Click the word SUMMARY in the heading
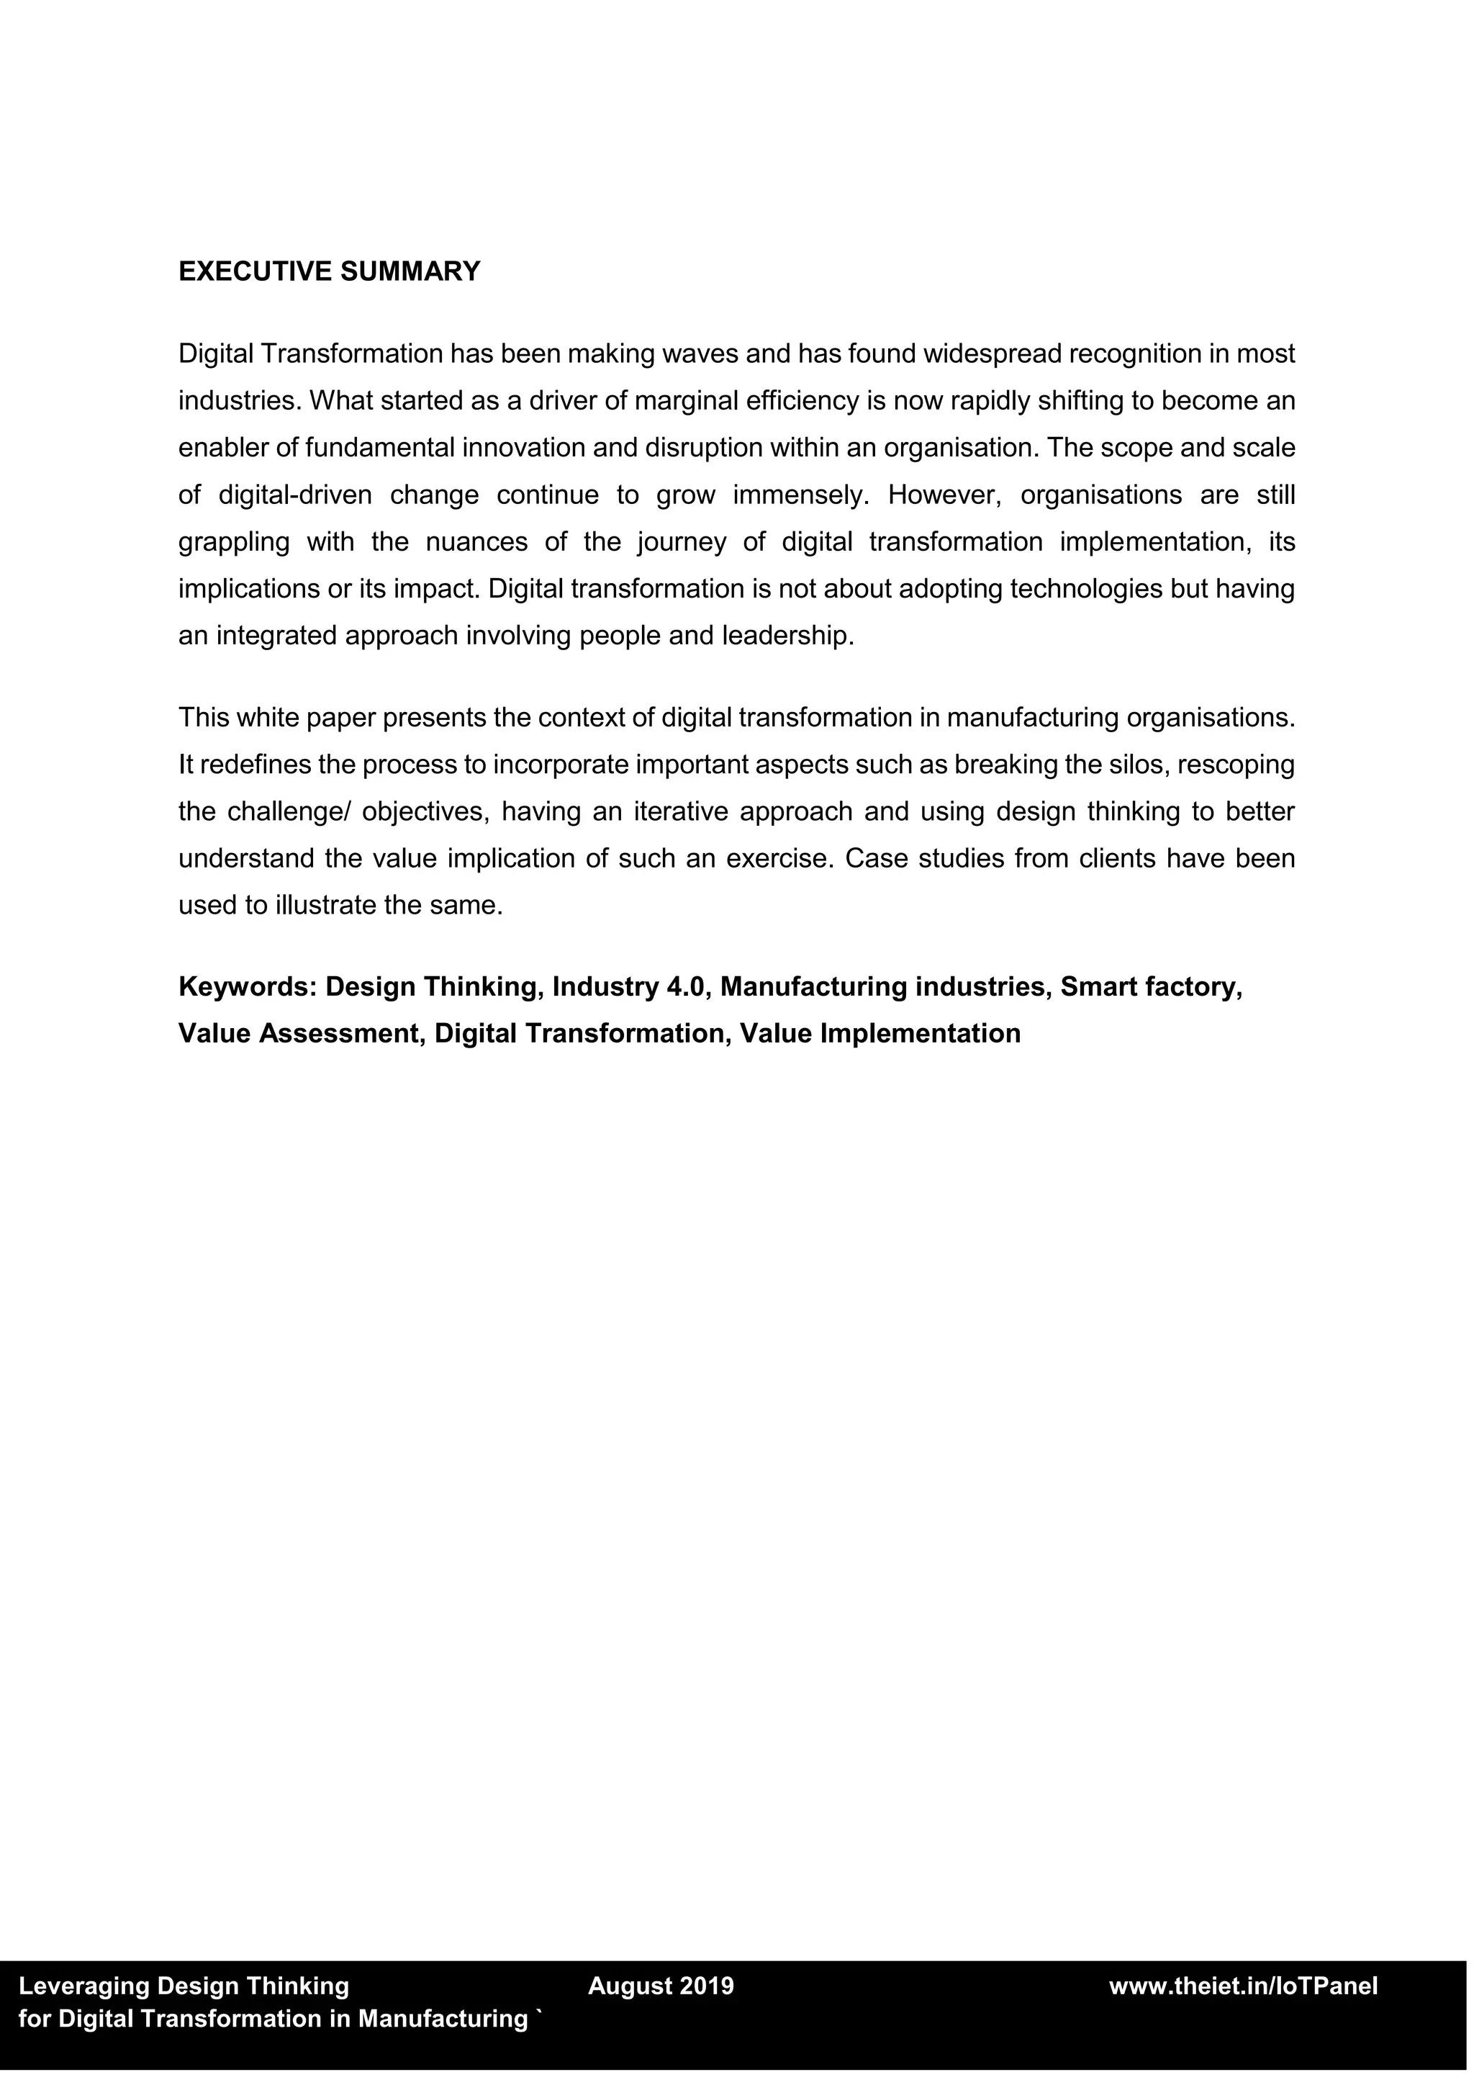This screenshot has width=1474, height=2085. tap(410, 271)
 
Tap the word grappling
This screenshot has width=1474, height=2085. tap(234, 542)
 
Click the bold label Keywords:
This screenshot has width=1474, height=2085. tap(247, 986)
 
